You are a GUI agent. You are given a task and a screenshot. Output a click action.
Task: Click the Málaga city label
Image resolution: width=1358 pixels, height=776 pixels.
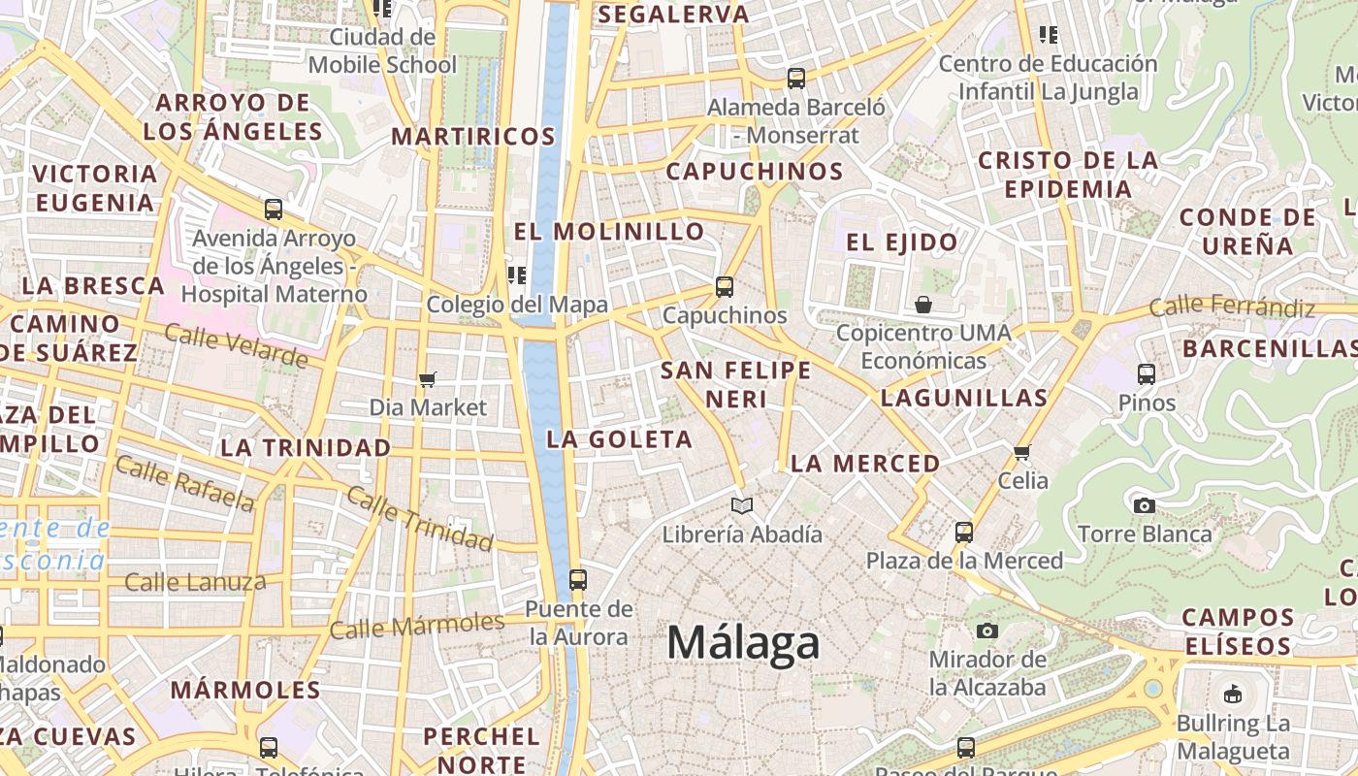[x=744, y=643]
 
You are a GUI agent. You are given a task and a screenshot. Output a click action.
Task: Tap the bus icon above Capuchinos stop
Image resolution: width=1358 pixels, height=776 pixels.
[x=725, y=286]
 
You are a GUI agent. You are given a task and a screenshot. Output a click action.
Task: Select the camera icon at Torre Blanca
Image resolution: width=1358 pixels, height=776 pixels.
[x=1145, y=505]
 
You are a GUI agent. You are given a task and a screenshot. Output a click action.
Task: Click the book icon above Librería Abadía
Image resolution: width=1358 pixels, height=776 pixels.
[x=742, y=505]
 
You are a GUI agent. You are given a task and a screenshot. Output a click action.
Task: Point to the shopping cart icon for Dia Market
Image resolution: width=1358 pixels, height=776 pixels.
[x=427, y=378]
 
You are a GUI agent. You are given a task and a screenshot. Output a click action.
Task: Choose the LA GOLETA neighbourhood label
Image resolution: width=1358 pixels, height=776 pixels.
[x=620, y=439]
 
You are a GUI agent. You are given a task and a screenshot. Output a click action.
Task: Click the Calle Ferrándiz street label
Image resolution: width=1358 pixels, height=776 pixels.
[x=1232, y=308]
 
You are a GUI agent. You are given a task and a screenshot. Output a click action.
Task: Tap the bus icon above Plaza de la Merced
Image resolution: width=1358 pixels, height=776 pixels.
[x=963, y=532]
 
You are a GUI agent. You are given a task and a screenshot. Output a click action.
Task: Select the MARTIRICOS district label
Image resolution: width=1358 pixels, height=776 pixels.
[x=473, y=137]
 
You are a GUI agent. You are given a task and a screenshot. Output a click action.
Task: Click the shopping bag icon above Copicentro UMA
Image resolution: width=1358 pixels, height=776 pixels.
[x=923, y=305]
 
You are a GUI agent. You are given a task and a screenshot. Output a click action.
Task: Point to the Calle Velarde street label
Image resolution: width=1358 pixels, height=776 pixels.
[x=236, y=346]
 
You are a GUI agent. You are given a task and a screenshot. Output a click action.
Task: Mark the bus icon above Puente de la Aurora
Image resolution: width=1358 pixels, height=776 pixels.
[x=578, y=580]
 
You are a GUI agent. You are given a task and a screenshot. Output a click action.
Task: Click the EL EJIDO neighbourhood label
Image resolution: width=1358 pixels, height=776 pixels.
[x=902, y=242]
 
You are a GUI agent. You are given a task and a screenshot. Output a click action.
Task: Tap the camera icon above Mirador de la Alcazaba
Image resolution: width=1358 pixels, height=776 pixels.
[x=987, y=631]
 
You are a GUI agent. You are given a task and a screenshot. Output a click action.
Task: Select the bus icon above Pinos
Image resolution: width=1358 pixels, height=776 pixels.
[x=1147, y=373]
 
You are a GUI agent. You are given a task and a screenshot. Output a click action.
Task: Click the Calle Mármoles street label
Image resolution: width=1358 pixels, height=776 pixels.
[x=417, y=626]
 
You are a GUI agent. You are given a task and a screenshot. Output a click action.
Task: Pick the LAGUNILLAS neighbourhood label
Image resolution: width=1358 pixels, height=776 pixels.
[x=964, y=398]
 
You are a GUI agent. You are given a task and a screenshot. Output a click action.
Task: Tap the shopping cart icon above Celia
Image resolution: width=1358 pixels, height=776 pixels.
[x=1021, y=452]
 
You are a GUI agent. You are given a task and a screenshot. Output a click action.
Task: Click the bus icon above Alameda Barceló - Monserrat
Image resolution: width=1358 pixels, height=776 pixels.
[x=796, y=78]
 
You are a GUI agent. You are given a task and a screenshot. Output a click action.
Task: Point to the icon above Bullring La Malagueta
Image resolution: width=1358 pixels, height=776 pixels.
[x=1233, y=694]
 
